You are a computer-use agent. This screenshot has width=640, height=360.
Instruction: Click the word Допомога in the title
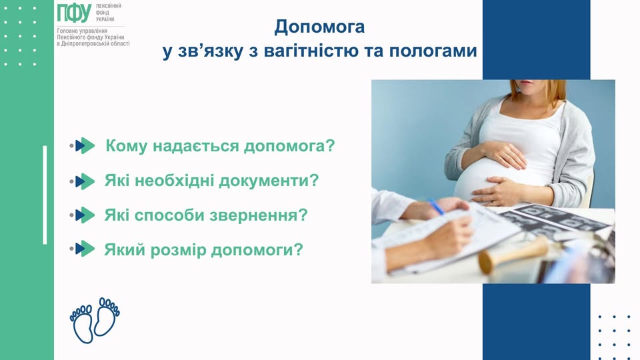click(320, 27)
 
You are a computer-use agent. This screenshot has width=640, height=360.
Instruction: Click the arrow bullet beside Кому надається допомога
click(85, 146)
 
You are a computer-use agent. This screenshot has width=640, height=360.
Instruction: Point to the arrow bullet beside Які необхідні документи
click(85, 181)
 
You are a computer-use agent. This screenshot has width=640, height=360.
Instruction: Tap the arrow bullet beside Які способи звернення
click(85, 215)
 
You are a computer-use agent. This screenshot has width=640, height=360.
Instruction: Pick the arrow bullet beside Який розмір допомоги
click(85, 249)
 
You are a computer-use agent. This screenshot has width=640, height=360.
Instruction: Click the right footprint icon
click(107, 317)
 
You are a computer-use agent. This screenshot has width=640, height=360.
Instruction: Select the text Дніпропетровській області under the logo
click(96, 43)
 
